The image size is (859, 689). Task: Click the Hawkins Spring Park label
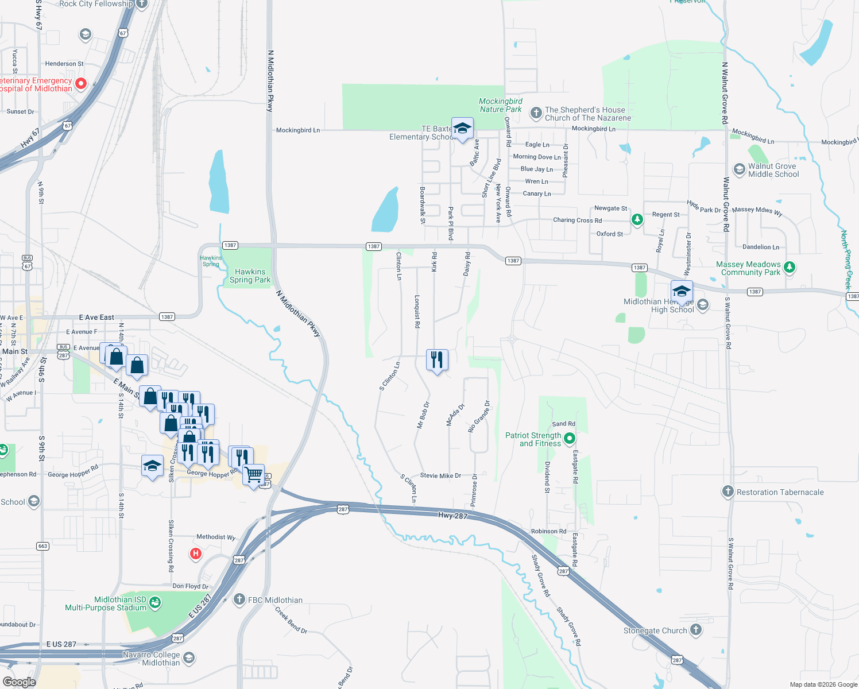coord(250,276)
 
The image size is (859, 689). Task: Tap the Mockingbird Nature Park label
coord(501,105)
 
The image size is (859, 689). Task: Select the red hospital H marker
coord(196,553)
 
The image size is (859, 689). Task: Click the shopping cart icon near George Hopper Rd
coord(253,475)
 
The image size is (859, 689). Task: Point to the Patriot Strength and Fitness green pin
coord(570,439)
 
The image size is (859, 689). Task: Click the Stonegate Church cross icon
coord(696,630)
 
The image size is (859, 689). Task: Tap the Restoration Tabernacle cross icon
coord(728,491)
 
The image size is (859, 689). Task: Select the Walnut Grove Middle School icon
coord(740,169)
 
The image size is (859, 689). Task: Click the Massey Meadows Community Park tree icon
coord(790,267)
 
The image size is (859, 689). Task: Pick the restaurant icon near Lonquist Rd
coord(438,360)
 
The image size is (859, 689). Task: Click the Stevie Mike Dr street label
coord(440,475)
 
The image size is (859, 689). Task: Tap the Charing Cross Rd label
coord(577,220)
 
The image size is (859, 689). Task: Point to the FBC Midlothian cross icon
coord(239,600)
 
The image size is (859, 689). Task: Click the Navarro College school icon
coord(189,658)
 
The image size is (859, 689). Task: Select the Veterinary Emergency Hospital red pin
coord(81,84)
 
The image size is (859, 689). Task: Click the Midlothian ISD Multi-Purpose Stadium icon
coord(154,603)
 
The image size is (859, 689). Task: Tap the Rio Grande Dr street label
coord(479,416)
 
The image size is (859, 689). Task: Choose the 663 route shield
coord(42,546)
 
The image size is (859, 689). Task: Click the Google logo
coord(19,682)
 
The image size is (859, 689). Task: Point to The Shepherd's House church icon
coord(536,113)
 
